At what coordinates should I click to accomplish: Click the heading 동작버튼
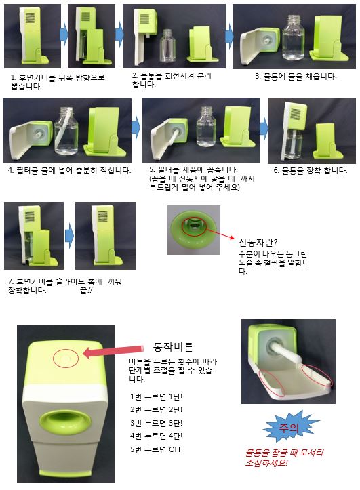(x=173, y=346)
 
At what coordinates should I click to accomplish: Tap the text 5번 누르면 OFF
(x=156, y=449)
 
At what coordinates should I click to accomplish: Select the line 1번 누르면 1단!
(x=156, y=396)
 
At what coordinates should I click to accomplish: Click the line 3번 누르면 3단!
(x=156, y=423)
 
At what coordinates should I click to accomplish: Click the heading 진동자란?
(x=258, y=242)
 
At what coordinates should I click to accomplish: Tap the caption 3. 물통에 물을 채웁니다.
(x=296, y=77)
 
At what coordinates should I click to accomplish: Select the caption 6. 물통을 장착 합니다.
(x=311, y=171)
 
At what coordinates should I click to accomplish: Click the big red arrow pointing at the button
(x=113, y=352)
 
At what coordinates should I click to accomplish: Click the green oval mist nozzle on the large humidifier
(x=66, y=421)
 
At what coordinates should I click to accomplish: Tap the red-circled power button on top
(x=66, y=358)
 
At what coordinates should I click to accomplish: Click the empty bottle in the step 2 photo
(x=167, y=46)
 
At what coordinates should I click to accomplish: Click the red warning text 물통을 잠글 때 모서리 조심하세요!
(x=284, y=457)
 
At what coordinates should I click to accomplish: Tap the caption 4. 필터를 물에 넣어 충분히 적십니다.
(x=69, y=171)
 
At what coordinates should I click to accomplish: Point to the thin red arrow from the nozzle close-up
(x=220, y=233)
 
